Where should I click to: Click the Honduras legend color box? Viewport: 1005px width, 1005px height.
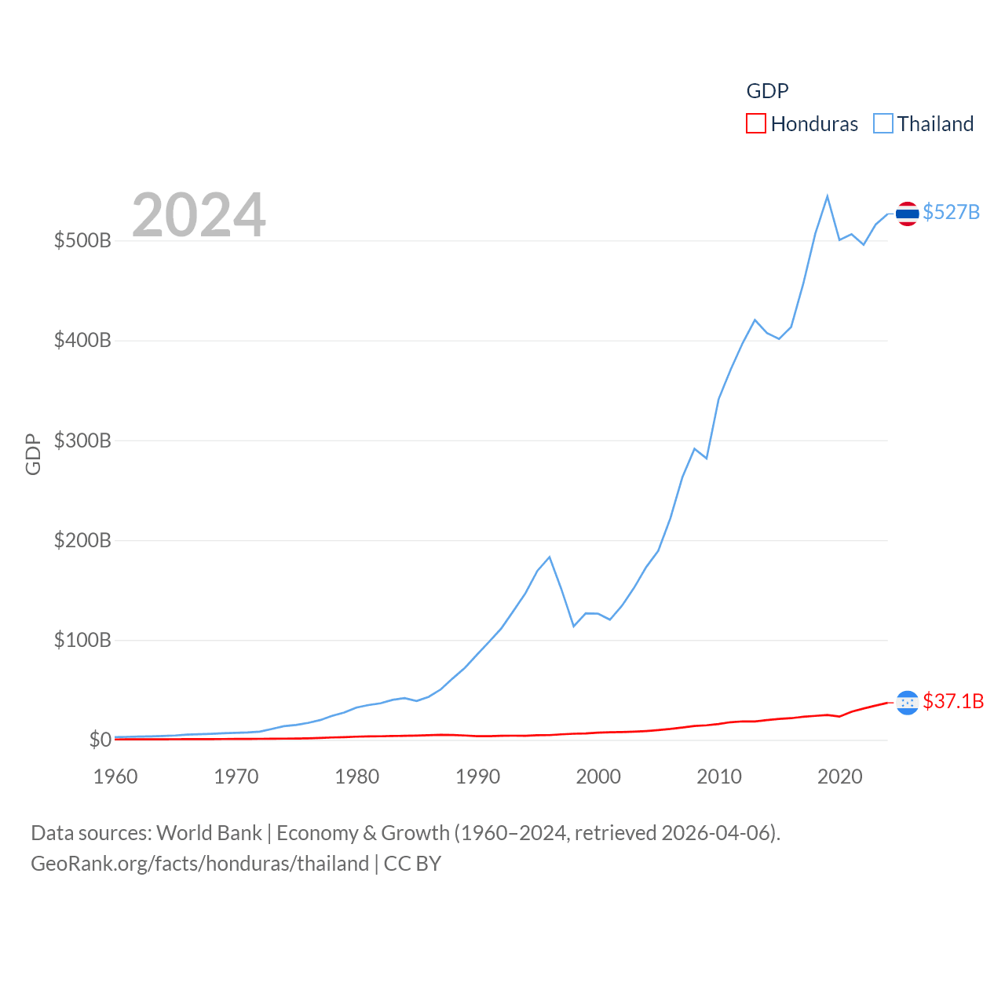pyautogui.click(x=755, y=123)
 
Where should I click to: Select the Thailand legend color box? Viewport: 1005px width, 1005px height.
pyautogui.click(x=883, y=123)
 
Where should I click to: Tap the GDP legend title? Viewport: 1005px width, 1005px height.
pyautogui.click(x=767, y=91)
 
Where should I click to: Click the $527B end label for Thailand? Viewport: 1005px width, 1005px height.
pyautogui.click(x=951, y=212)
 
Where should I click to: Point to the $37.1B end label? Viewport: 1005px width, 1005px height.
pyautogui.click(x=953, y=701)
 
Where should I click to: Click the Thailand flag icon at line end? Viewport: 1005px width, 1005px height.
pyautogui.click(x=907, y=214)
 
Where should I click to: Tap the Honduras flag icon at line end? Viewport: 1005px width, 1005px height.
pyautogui.click(x=907, y=703)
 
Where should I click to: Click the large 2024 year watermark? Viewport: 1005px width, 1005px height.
pyautogui.click(x=199, y=215)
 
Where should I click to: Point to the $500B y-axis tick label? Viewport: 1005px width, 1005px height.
pyautogui.click(x=82, y=240)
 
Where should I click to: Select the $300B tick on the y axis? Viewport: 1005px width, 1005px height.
pyautogui.click(x=82, y=440)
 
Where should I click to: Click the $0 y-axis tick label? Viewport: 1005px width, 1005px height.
pyautogui.click(x=100, y=740)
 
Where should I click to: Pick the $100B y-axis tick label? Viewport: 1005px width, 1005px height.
pyautogui.click(x=82, y=640)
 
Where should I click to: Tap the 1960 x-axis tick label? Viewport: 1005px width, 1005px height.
pyautogui.click(x=115, y=777)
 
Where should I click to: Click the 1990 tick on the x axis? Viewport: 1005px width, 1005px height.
pyautogui.click(x=477, y=777)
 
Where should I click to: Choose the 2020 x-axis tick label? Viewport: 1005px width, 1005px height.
pyautogui.click(x=839, y=777)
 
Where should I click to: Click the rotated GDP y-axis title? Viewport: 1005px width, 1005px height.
pyautogui.click(x=33, y=454)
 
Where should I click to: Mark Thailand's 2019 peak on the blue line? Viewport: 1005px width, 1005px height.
pyautogui.click(x=828, y=196)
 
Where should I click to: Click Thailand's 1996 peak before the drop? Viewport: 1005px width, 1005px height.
pyautogui.click(x=550, y=557)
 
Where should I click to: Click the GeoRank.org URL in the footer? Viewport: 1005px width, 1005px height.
pyautogui.click(x=200, y=864)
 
